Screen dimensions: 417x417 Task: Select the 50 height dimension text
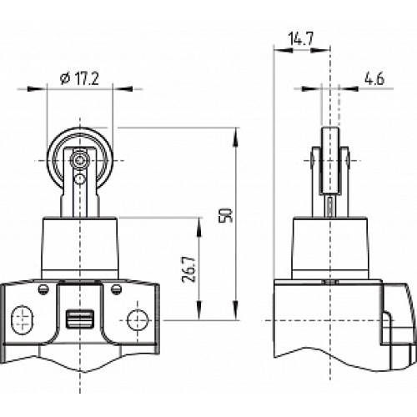(x=224, y=214)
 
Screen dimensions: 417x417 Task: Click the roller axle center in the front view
(x=79, y=158)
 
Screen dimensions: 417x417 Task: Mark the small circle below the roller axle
(x=79, y=178)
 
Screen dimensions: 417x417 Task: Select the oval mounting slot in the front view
(x=22, y=318)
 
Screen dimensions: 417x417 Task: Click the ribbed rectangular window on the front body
(x=80, y=318)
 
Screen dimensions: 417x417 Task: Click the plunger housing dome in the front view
(x=80, y=246)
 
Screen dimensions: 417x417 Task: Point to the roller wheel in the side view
(x=331, y=154)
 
